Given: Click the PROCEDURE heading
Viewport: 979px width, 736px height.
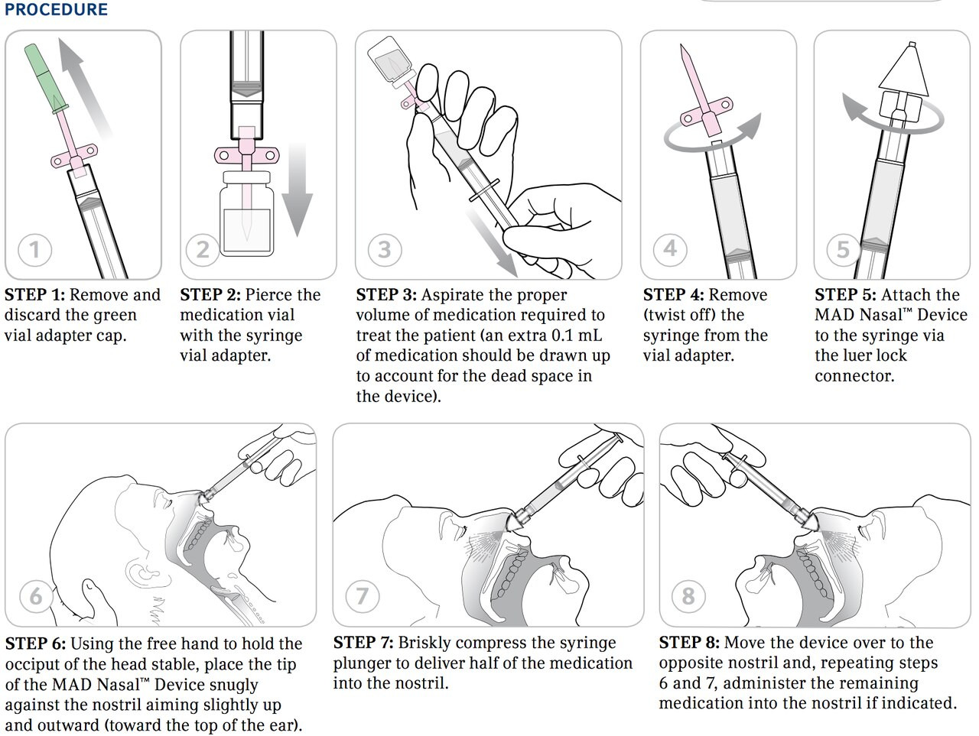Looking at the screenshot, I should [56, 10].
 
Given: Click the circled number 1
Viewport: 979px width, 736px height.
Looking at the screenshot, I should [34, 249].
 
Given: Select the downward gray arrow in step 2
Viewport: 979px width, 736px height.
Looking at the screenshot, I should [297, 191].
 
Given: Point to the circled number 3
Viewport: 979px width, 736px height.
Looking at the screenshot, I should [385, 249].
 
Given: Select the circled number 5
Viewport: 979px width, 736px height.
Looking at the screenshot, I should [843, 249].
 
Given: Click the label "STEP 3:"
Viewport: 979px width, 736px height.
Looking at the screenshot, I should [386, 295].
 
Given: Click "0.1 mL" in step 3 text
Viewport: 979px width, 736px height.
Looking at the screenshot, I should [576, 336].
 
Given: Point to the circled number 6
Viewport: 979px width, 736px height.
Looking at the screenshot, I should [36, 595].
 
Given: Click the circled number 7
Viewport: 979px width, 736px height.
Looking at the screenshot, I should [363, 595].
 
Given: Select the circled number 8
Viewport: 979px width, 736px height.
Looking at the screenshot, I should [688, 595].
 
